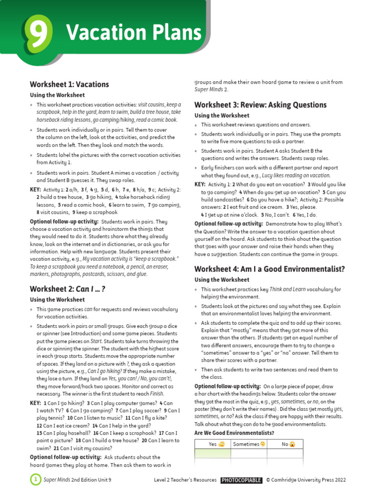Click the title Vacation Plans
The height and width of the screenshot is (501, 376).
(x=134, y=33)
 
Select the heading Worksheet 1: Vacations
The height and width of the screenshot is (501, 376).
(x=69, y=84)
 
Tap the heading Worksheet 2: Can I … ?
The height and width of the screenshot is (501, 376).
(x=68, y=289)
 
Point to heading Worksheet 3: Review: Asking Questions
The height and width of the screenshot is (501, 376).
(x=260, y=105)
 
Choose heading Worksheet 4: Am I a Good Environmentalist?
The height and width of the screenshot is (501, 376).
(x=270, y=269)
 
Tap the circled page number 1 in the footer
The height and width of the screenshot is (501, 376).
(x=35, y=480)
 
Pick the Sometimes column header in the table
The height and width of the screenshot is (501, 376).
(x=249, y=444)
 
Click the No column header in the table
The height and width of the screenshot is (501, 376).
(x=285, y=444)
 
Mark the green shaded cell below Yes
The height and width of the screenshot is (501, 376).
(x=212, y=454)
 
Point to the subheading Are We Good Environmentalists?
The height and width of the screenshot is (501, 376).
(x=234, y=433)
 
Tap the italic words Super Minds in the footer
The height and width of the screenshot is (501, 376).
(x=57, y=480)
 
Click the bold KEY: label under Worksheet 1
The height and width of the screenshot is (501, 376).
(x=35, y=190)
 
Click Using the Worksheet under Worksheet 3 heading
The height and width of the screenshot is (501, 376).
(x=222, y=115)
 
